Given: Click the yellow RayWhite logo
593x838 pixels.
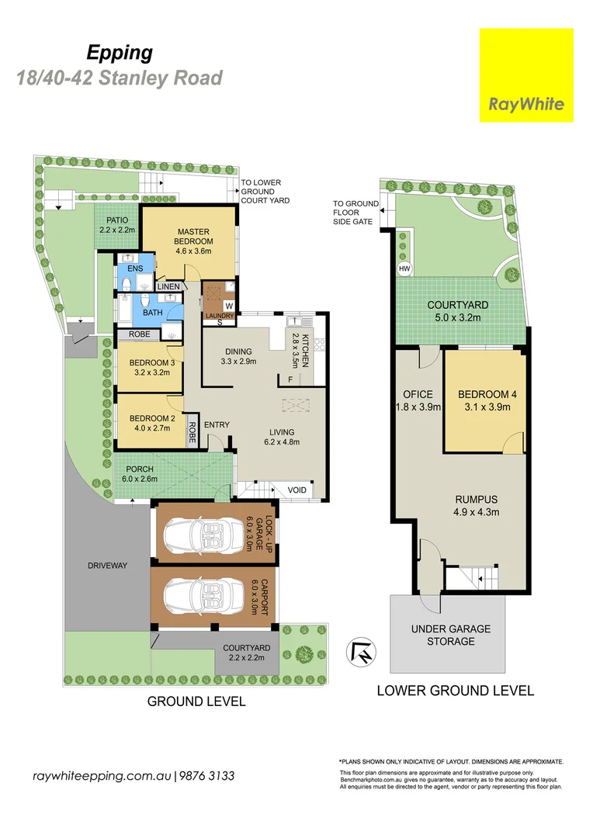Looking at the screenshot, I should [x=526, y=75].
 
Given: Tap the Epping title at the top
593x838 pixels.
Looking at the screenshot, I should [x=119, y=53].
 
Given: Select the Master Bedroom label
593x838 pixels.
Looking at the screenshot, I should [x=194, y=236].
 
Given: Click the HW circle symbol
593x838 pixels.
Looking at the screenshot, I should [x=404, y=269].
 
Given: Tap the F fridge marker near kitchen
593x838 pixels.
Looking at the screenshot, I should [x=290, y=379].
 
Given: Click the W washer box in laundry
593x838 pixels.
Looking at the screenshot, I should [x=230, y=305].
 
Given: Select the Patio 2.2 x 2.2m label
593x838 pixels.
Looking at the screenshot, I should [x=117, y=223].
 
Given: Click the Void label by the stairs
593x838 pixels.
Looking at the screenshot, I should [x=296, y=490].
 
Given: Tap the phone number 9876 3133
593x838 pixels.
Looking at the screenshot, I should [x=208, y=776].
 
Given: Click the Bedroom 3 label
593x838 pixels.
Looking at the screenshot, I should [x=148, y=366].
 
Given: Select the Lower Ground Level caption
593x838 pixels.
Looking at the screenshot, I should [x=455, y=690].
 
